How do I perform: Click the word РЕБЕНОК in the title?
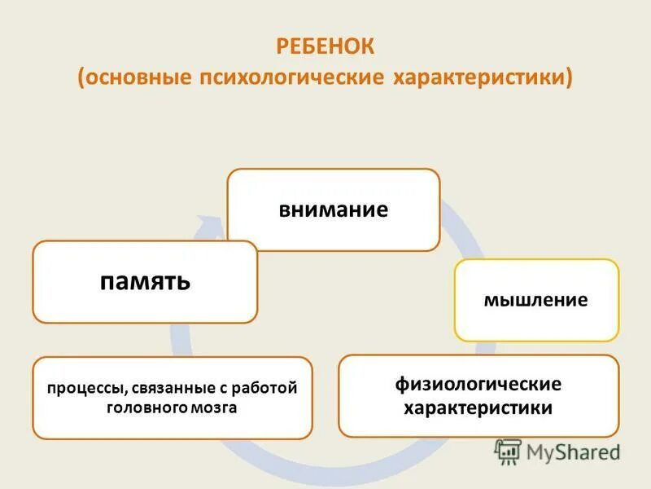[325, 46]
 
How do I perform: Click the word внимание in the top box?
[333, 209]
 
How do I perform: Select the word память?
[146, 281]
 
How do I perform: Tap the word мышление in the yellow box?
[535, 300]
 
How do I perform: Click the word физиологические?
[478, 384]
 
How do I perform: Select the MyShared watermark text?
[573, 451]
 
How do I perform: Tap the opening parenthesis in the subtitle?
[82, 78]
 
